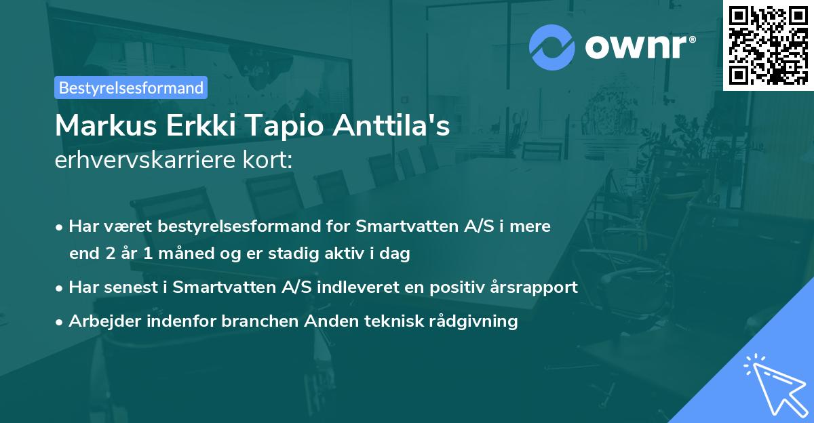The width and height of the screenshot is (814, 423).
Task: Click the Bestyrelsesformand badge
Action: pos(131,87)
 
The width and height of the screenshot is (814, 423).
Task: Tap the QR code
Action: pos(768,45)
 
